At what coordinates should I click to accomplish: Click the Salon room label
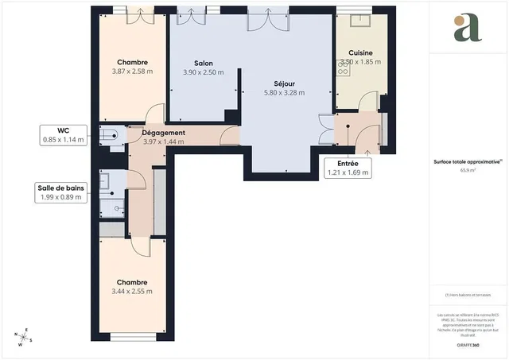click(203, 63)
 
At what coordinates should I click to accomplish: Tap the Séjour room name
click(284, 83)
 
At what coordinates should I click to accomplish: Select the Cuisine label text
click(360, 52)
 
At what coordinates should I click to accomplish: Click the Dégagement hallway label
click(163, 133)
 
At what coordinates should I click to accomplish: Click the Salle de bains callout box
click(61, 192)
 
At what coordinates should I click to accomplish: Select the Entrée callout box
click(348, 167)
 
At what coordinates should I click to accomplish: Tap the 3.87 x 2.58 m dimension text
click(134, 72)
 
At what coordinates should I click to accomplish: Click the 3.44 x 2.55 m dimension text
click(133, 292)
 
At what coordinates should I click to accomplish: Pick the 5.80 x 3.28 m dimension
click(284, 92)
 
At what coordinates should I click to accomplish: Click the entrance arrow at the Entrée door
click(367, 149)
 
